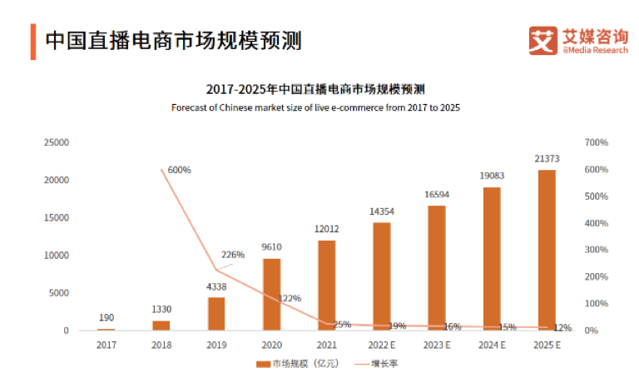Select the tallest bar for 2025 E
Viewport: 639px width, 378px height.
click(546, 250)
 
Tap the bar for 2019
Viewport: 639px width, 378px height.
click(216, 314)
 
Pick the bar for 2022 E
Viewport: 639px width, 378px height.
click(381, 276)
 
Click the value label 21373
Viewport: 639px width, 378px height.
click(546, 158)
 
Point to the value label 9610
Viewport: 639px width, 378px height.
click(271, 247)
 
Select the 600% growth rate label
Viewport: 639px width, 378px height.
click(179, 170)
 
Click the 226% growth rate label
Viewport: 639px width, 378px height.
click(233, 255)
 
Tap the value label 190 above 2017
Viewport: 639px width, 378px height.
click(106, 317)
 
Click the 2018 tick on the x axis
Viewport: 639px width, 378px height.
click(161, 343)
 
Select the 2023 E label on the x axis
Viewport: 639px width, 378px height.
click(436, 343)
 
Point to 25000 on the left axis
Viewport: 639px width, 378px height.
click(57, 143)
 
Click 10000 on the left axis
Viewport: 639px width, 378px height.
click(57, 256)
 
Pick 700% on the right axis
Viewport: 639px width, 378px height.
click(597, 143)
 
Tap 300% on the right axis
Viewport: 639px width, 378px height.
click(597, 250)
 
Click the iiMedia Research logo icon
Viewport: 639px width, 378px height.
click(543, 40)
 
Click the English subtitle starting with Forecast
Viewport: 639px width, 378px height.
click(315, 108)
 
